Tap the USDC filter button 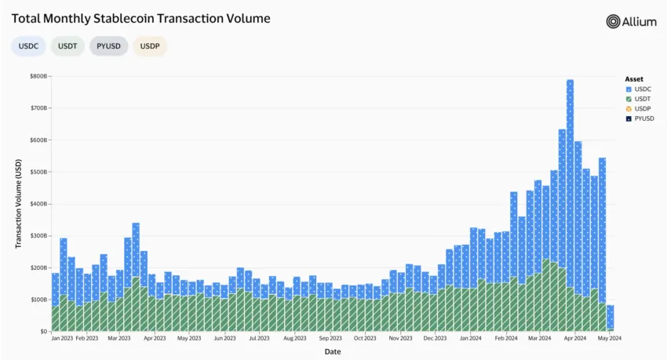pyautogui.click(x=28, y=46)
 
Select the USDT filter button pyautogui.click(x=67, y=46)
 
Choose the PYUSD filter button pyautogui.click(x=109, y=46)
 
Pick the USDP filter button pyautogui.click(x=149, y=46)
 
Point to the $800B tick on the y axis pyautogui.click(x=38, y=76)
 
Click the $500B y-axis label pyautogui.click(x=38, y=172)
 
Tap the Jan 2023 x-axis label pyautogui.click(x=62, y=339)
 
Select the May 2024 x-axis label pyautogui.click(x=610, y=339)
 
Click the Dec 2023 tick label pyautogui.click(x=435, y=339)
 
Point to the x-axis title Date pyautogui.click(x=333, y=352)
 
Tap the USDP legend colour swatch pyautogui.click(x=629, y=109)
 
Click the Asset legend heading pyautogui.click(x=634, y=79)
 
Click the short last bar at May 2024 pyautogui.click(x=610, y=318)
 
